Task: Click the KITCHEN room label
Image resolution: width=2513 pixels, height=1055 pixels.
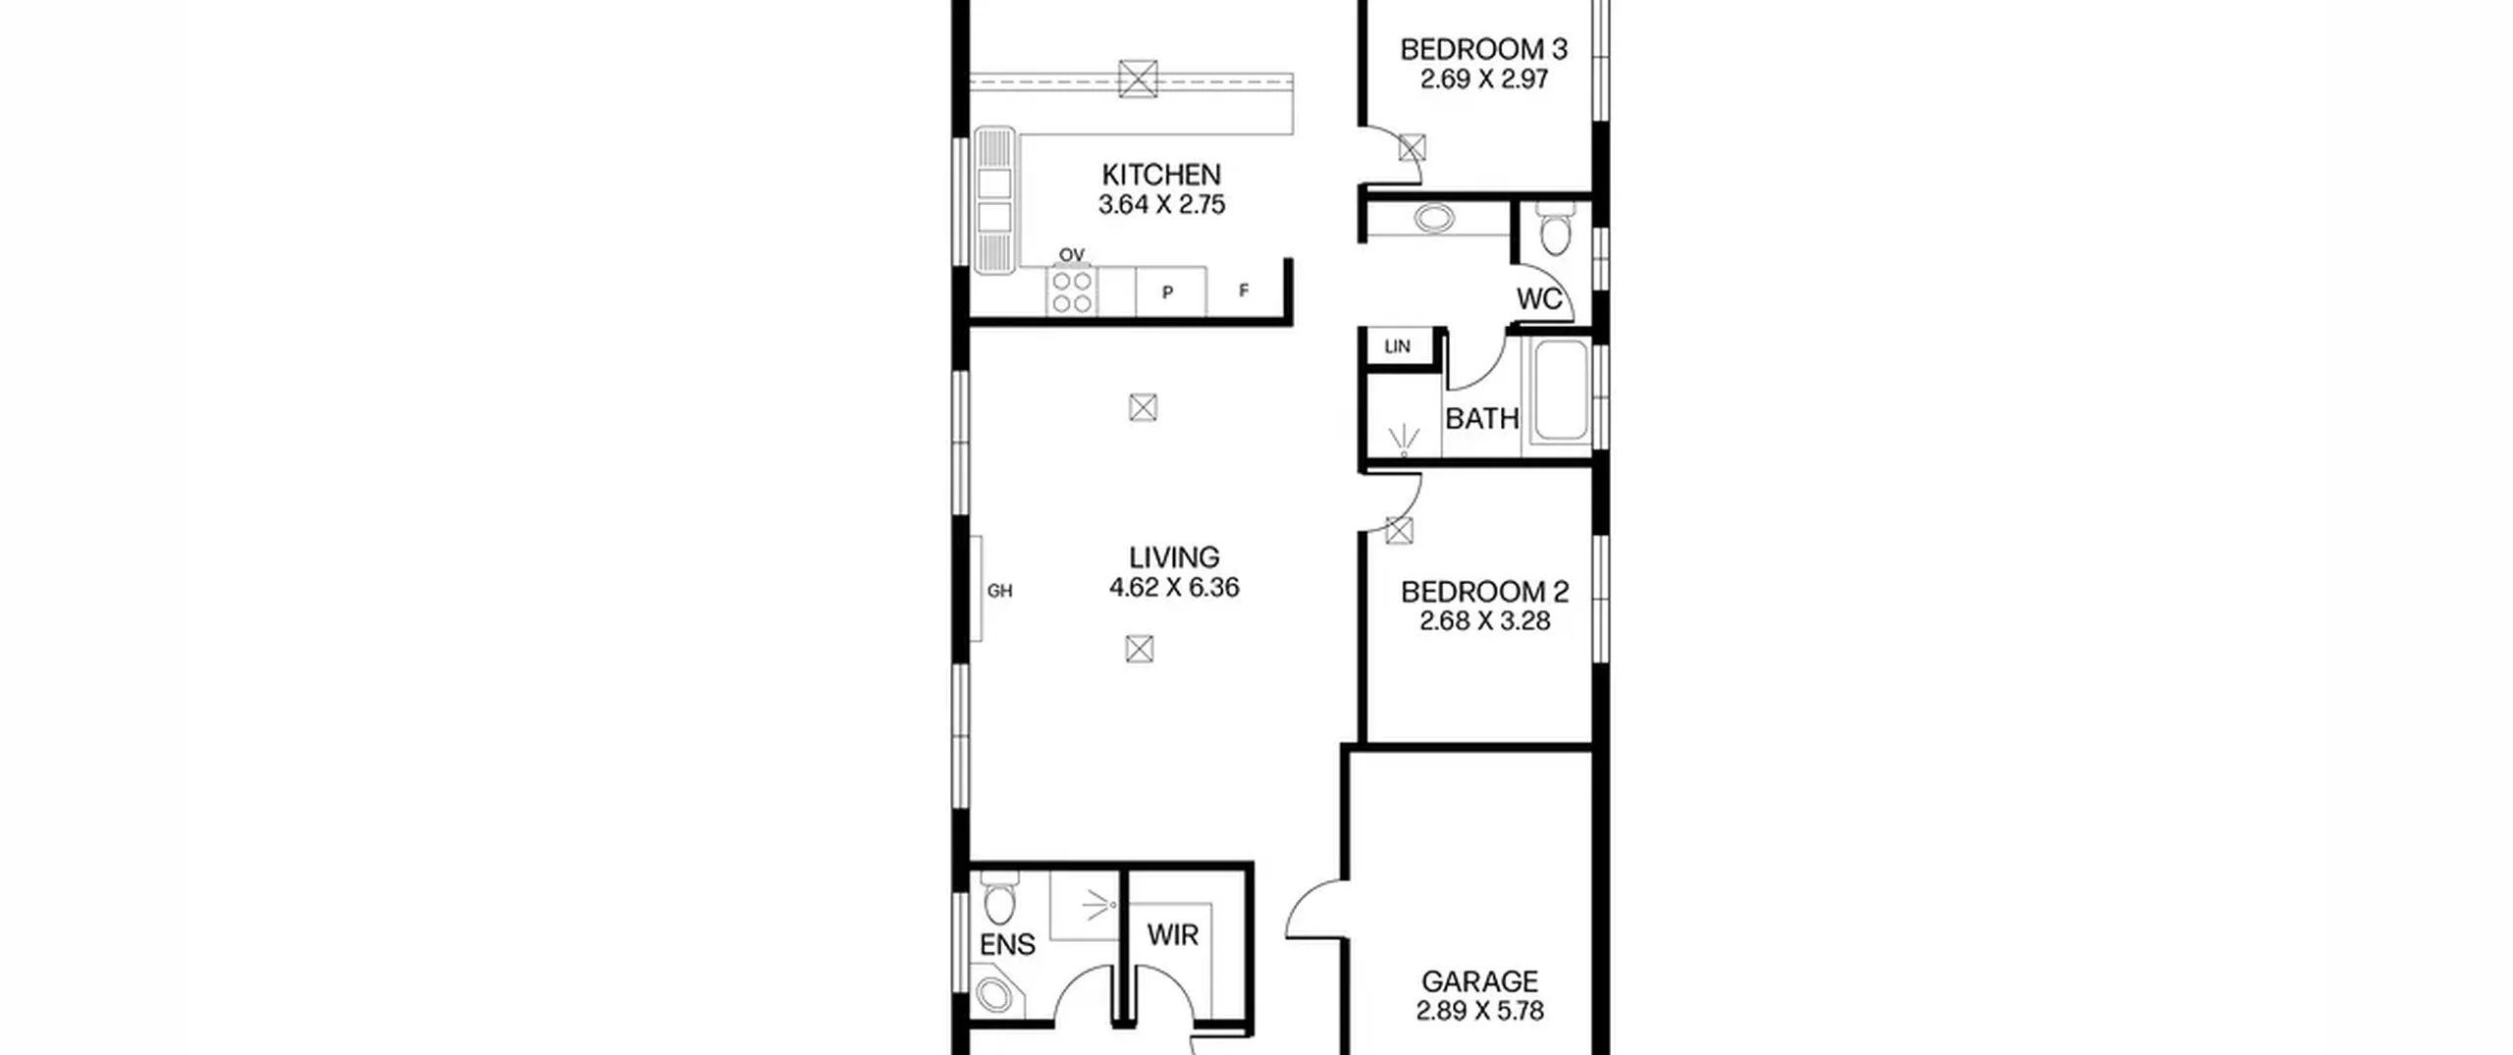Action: [1161, 175]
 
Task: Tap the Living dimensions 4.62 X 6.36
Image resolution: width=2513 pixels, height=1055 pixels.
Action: [1174, 588]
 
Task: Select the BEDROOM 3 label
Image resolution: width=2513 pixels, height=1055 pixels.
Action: [1483, 49]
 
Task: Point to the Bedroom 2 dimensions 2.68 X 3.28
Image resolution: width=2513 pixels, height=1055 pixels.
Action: [1484, 621]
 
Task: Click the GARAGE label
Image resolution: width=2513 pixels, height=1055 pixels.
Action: [1479, 981]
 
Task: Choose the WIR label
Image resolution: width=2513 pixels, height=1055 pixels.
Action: [1173, 935]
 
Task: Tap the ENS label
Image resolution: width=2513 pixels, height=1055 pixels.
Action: [1007, 945]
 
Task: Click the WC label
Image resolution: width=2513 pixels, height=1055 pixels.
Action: [1538, 299]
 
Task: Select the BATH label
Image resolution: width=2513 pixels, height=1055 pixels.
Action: [1481, 419]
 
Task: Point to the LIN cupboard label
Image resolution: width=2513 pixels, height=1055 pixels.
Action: [1397, 346]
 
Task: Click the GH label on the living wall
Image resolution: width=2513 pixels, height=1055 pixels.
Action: [999, 591]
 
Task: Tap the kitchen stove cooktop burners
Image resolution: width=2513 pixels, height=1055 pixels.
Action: [1072, 291]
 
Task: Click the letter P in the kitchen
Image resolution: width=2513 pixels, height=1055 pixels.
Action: [1167, 292]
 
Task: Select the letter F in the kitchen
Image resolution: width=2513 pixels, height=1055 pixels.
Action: [1244, 290]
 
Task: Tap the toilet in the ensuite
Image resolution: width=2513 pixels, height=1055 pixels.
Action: [999, 898]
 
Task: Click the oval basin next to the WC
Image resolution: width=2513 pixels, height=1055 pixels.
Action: [1434, 218]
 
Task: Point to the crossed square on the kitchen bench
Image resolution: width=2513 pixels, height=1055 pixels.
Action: [1138, 79]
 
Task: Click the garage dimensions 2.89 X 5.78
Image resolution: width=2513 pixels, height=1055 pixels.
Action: [1479, 1011]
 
